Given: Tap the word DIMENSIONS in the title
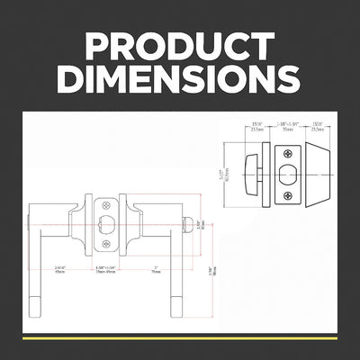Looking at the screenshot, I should (179, 79).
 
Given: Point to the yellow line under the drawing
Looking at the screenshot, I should (179, 339).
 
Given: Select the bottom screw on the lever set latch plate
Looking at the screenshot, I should (106, 242).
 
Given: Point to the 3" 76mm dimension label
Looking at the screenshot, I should (157, 271).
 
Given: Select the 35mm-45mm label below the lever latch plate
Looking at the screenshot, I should (107, 271).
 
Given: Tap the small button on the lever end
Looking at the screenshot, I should (187, 223).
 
